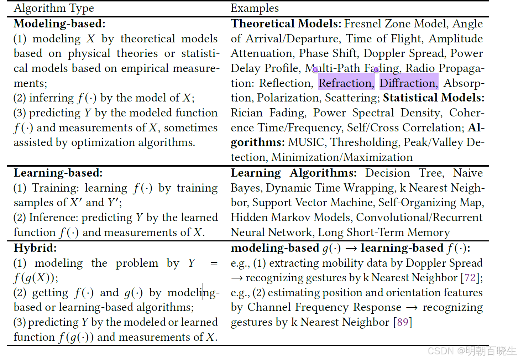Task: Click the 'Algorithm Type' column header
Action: [54, 8]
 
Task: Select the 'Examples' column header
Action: [255, 8]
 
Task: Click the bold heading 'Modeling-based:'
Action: [59, 24]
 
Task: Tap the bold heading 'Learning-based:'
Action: [58, 173]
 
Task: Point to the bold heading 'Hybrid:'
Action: [35, 248]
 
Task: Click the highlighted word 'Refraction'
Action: [345, 83]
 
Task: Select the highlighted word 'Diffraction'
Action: [408, 83]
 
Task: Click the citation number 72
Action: [470, 278]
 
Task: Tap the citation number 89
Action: [403, 322]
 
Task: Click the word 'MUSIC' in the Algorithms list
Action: [306, 142]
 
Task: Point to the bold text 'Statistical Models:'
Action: [434, 98]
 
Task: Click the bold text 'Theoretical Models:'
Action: [286, 24]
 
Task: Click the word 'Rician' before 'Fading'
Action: [246, 113]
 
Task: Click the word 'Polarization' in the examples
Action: [288, 98]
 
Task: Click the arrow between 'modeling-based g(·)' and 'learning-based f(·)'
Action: [351, 248]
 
